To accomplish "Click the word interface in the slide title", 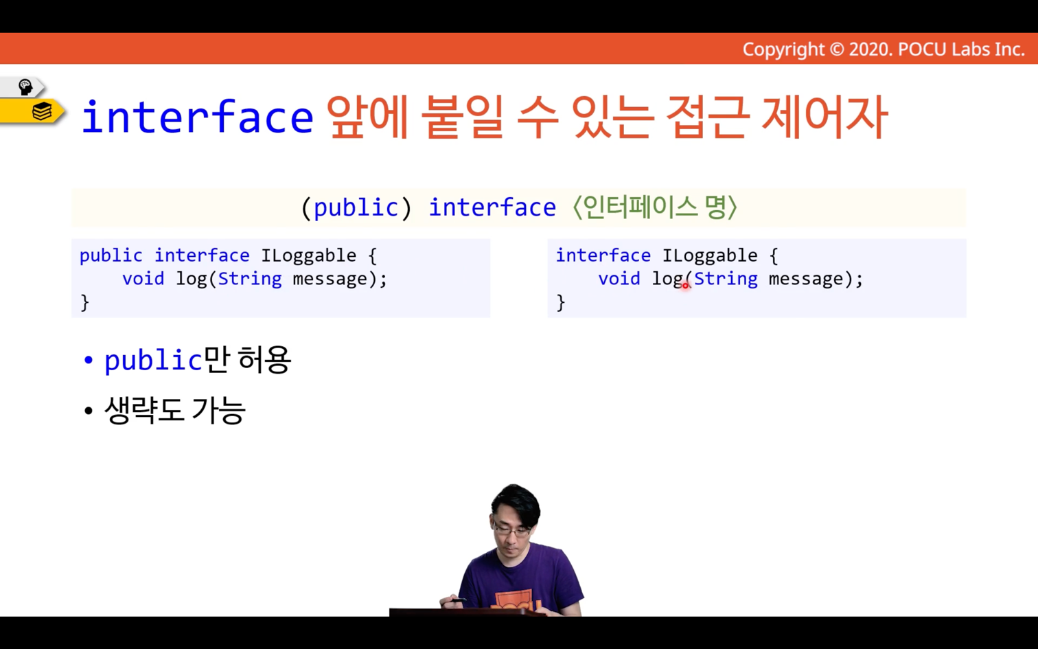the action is tap(198, 116).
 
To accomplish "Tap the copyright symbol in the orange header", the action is tap(836, 49).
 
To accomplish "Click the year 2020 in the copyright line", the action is tap(870, 49).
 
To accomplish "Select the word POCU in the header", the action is tap(922, 49).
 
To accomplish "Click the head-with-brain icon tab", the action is tap(25, 87).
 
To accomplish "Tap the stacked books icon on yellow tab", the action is tap(42, 111).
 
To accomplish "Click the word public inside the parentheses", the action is tap(356, 207).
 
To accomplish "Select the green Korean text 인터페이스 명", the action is tap(655, 207).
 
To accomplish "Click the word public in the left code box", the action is tap(111, 256).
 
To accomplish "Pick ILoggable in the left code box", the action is tap(309, 256).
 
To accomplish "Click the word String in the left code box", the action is tap(250, 279).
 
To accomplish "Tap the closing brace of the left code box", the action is tap(85, 303).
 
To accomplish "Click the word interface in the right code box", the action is tap(603, 255).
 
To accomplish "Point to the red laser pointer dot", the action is tap(685, 284).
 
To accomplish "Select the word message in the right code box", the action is tap(806, 279).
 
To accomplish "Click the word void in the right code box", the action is tap(619, 279).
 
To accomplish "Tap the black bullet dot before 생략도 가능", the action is tap(89, 411).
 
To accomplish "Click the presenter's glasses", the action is tap(511, 529).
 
